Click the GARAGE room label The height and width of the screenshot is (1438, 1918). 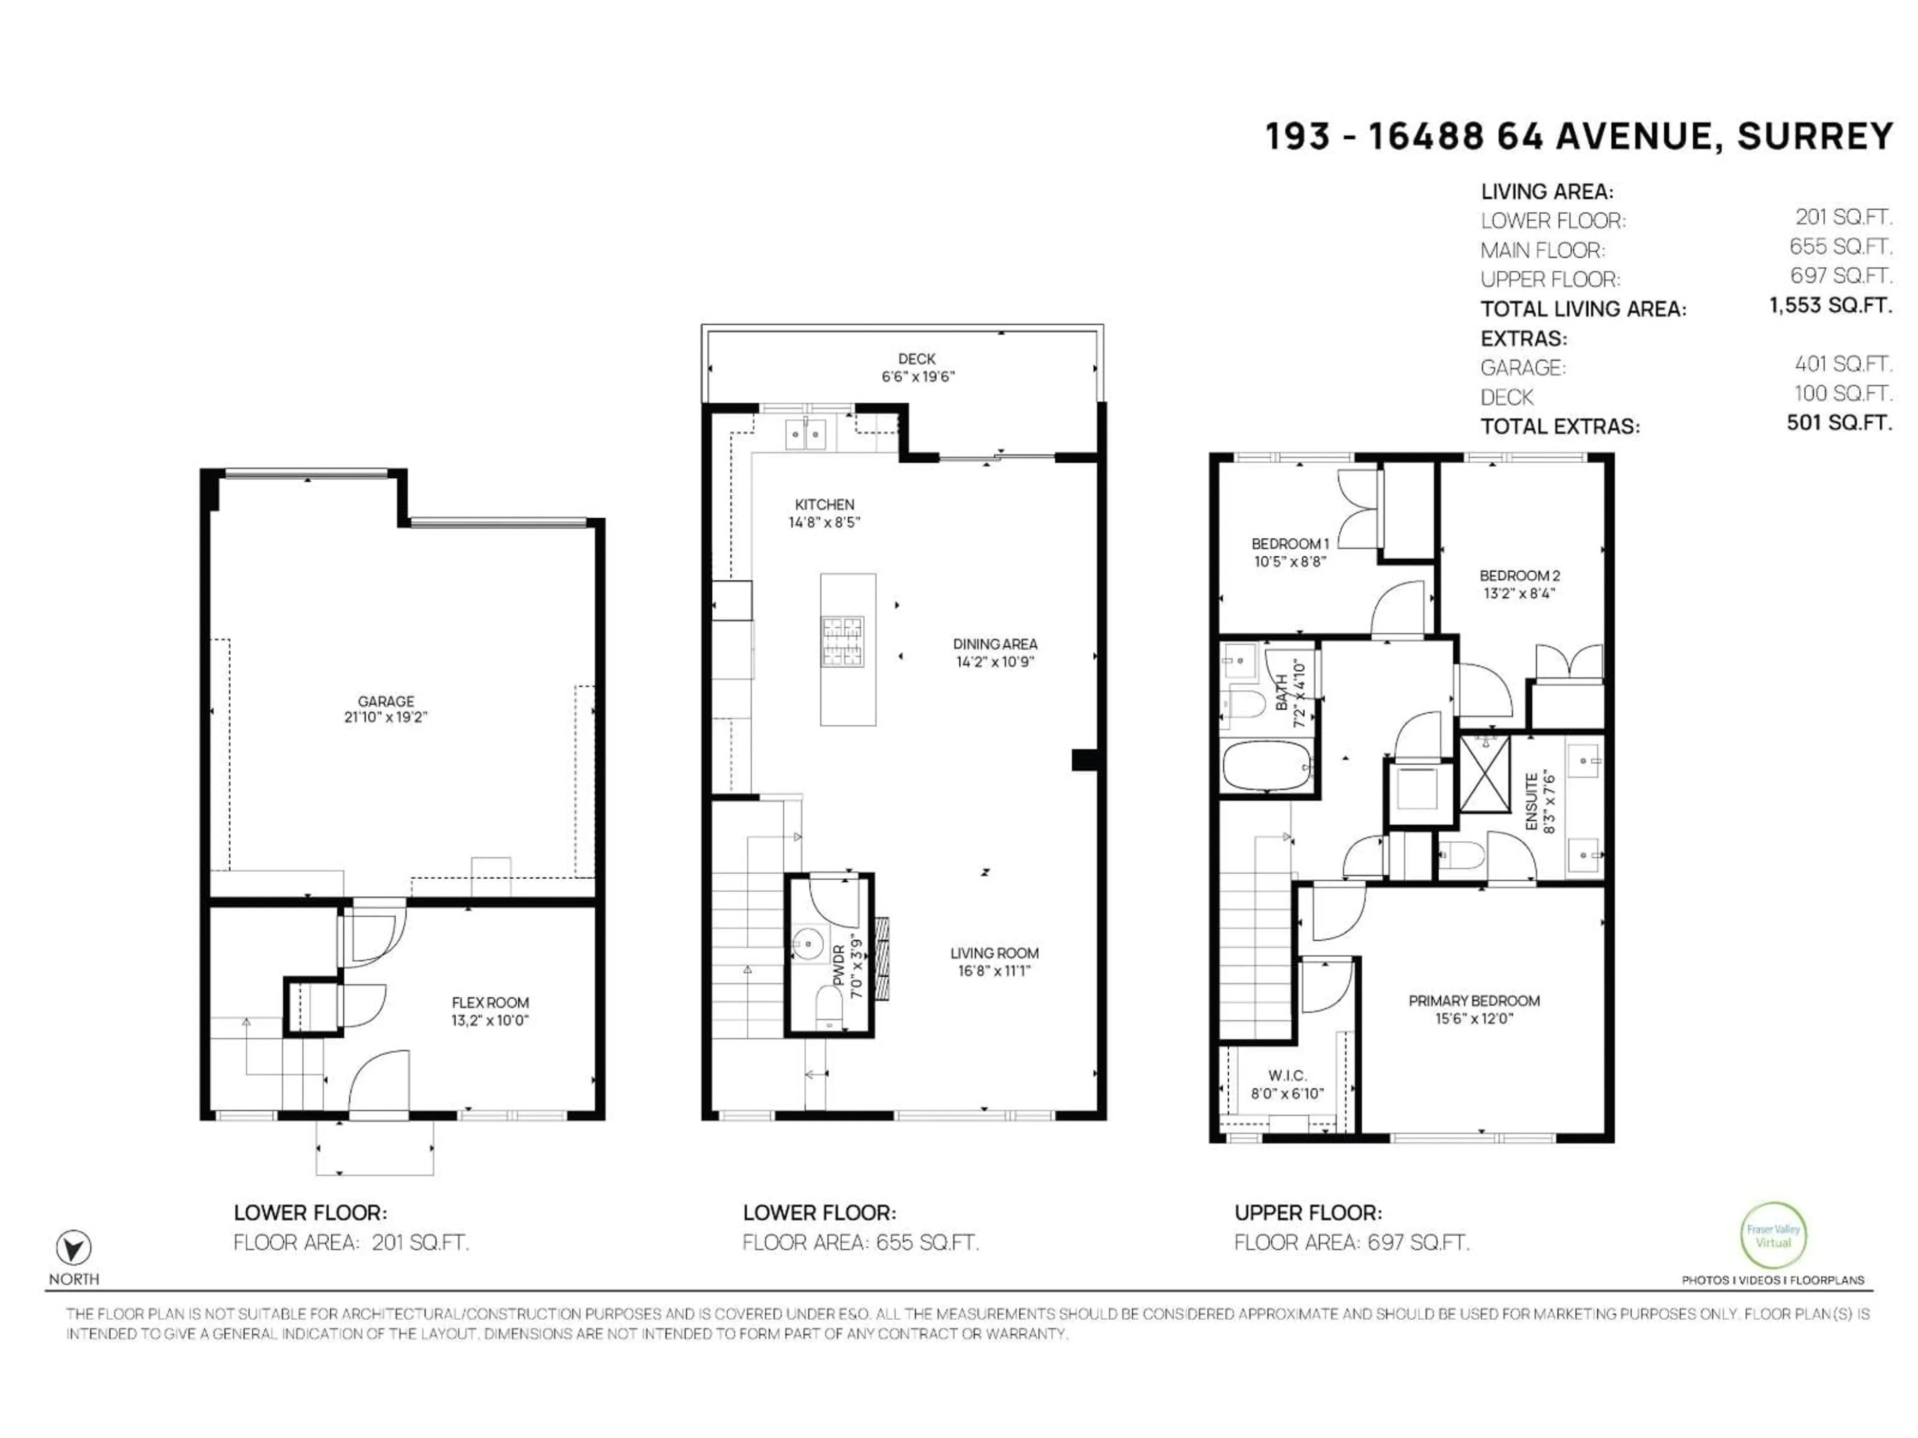pos(386,701)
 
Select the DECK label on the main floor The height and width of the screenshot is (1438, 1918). pos(917,358)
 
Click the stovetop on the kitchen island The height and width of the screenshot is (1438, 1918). pos(843,642)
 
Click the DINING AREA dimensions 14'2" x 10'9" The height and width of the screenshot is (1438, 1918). pos(994,662)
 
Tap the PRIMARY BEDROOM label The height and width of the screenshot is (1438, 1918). pos(1474,1000)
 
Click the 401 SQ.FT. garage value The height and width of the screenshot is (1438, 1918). pos(1843,364)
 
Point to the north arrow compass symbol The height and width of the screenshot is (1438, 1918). pos(74,1248)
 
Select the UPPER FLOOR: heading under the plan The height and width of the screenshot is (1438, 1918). pos(1308,1213)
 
